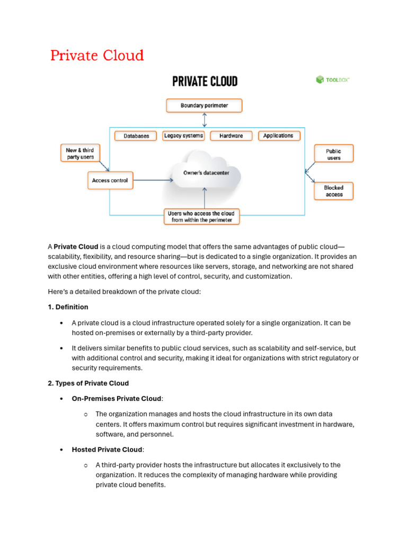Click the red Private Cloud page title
[x=97, y=56]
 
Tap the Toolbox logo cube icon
[x=320, y=80]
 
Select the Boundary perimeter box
[x=204, y=106]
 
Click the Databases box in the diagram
[x=136, y=136]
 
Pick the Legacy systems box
[x=183, y=136]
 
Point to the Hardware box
[x=231, y=136]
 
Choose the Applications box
[x=278, y=136]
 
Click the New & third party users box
[x=79, y=154]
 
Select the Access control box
[x=110, y=180]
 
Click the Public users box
[x=334, y=154]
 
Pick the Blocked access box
[x=334, y=191]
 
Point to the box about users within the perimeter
[x=201, y=216]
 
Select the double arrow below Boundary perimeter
[x=204, y=120]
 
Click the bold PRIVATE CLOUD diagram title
[x=205, y=81]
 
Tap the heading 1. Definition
[x=68, y=307]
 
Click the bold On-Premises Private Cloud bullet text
[x=117, y=398]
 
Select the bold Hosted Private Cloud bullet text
[x=107, y=450]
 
